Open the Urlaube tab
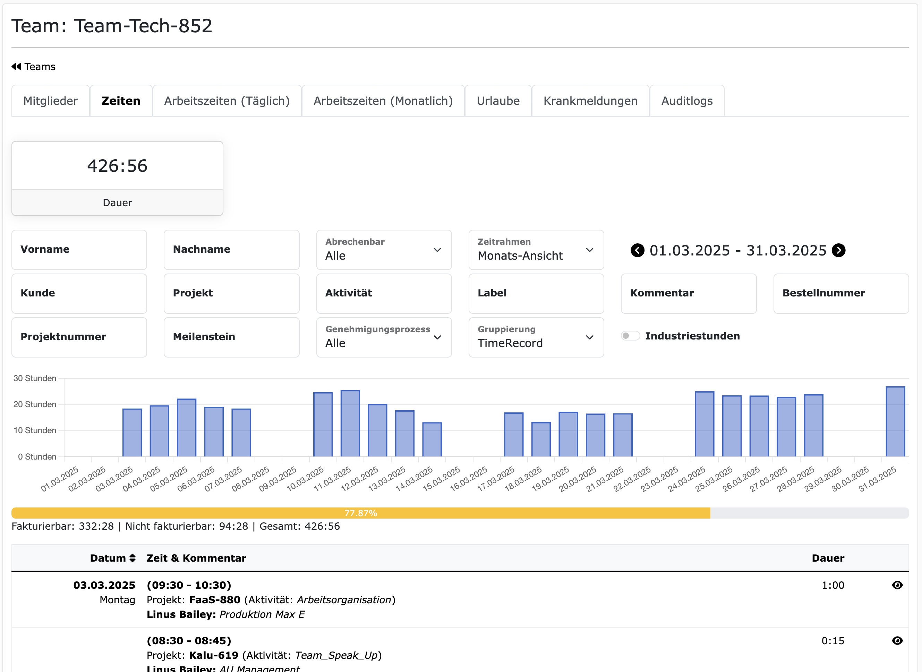click(x=498, y=101)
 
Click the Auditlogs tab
click(x=686, y=101)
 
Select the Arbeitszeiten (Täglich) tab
click(x=227, y=101)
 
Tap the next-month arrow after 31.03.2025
click(x=838, y=250)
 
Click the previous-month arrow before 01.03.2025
click(x=637, y=250)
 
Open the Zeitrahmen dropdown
click(x=536, y=250)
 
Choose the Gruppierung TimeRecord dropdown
click(x=536, y=337)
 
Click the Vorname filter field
click(x=79, y=250)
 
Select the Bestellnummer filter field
click(x=841, y=293)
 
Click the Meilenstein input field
click(x=231, y=337)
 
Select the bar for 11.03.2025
click(x=350, y=423)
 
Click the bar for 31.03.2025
click(x=895, y=421)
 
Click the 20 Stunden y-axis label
click(x=35, y=404)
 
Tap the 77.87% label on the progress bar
click(x=361, y=513)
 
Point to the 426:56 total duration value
click(x=117, y=166)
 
